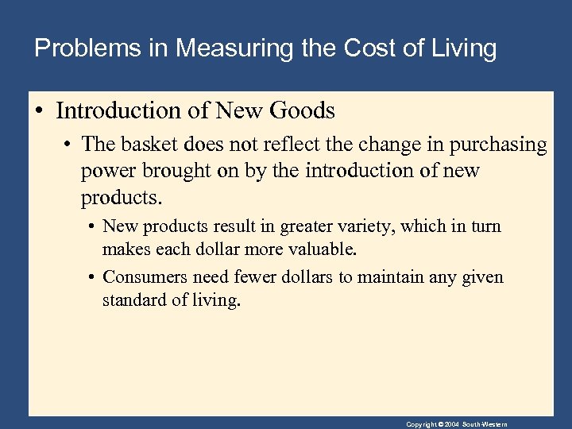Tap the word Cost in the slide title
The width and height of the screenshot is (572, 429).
(371, 48)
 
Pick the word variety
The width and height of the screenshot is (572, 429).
(364, 226)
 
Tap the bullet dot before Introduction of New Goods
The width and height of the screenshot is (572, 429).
(39, 111)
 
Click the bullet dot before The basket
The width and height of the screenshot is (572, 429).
(69, 145)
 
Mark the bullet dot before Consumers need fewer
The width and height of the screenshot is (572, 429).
(92, 278)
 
